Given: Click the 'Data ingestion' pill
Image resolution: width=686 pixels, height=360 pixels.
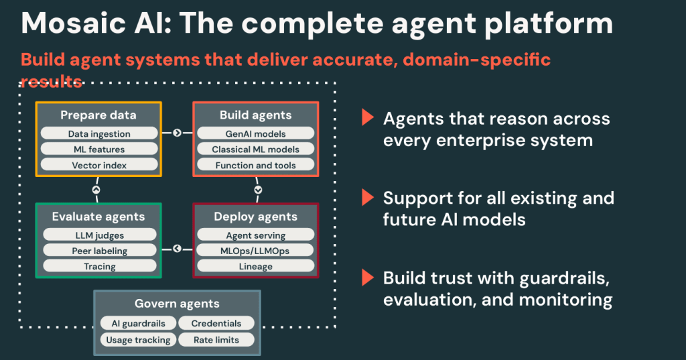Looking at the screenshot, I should click(98, 134).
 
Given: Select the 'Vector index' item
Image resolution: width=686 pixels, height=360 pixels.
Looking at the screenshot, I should click(98, 165).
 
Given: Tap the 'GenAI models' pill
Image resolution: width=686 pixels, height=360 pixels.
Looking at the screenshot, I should click(255, 134).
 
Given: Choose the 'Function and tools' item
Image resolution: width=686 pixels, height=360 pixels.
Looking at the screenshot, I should click(255, 165).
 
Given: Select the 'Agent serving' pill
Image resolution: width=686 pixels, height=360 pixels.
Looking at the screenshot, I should click(255, 235).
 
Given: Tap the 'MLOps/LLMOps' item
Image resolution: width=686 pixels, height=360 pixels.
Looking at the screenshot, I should click(255, 251).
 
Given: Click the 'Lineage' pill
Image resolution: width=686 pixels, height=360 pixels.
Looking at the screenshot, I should click(255, 266).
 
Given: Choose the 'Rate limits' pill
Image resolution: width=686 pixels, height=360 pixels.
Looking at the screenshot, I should click(216, 340).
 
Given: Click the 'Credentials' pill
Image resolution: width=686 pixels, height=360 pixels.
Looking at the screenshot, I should click(216, 323).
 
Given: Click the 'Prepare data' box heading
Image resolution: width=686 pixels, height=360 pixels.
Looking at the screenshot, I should click(98, 115).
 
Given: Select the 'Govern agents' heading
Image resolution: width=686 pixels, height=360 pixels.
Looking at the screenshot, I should click(177, 304).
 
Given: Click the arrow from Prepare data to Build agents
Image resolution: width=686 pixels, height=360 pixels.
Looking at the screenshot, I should click(177, 133).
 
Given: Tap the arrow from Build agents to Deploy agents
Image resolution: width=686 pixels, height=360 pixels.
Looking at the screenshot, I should click(258, 190).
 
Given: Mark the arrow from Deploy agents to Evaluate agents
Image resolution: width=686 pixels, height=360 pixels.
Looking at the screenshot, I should click(177, 249).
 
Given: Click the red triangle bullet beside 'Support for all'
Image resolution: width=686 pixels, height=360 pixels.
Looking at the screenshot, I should click(366, 198).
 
